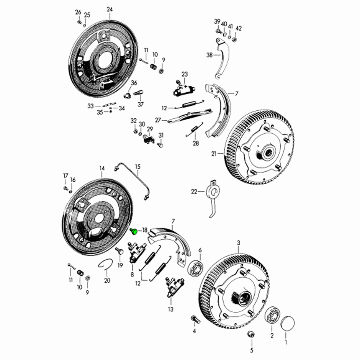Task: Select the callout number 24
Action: click(110, 10)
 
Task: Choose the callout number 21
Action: click(214, 154)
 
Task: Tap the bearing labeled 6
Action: click(196, 268)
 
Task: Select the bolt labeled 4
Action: click(195, 319)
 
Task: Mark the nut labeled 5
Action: click(251, 334)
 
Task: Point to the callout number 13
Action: click(170, 309)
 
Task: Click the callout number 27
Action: click(158, 120)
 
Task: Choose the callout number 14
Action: click(102, 168)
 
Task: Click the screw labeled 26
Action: click(79, 22)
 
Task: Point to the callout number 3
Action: click(239, 243)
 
